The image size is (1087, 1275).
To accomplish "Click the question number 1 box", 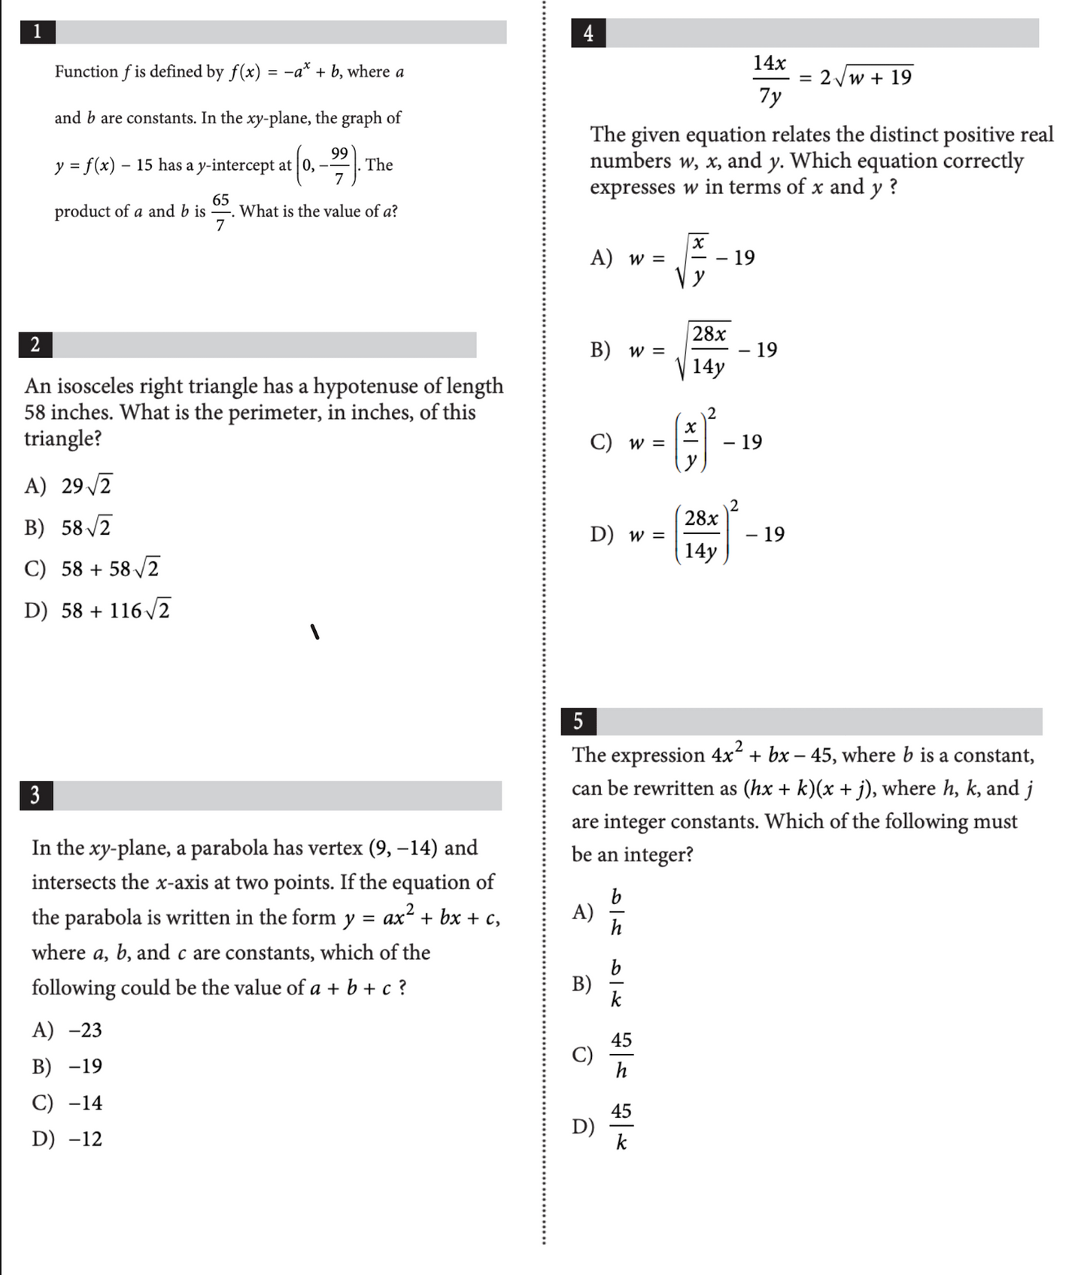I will tap(37, 32).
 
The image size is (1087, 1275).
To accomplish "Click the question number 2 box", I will tap(35, 345).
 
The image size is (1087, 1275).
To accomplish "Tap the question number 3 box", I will tap(35, 795).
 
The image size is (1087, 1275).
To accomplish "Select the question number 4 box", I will tap(588, 33).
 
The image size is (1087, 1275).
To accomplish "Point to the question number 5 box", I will tap(578, 721).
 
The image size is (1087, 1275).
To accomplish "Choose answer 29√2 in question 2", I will tap(86, 486).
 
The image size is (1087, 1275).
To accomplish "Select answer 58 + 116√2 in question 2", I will tap(115, 610).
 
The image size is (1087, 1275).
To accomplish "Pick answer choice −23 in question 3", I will tap(85, 1030).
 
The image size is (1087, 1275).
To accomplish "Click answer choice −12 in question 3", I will tap(85, 1139).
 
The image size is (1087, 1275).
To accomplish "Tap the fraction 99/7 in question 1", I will tap(339, 165).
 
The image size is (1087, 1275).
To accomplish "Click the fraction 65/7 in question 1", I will tap(220, 211).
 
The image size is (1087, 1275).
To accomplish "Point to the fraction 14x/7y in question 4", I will tap(770, 78).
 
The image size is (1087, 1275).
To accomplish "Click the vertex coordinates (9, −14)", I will tap(402, 848).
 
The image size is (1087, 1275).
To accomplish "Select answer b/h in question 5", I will tap(616, 912).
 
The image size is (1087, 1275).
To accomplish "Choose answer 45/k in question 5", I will tap(621, 1126).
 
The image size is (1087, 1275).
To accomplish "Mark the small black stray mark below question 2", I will tap(315, 632).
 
